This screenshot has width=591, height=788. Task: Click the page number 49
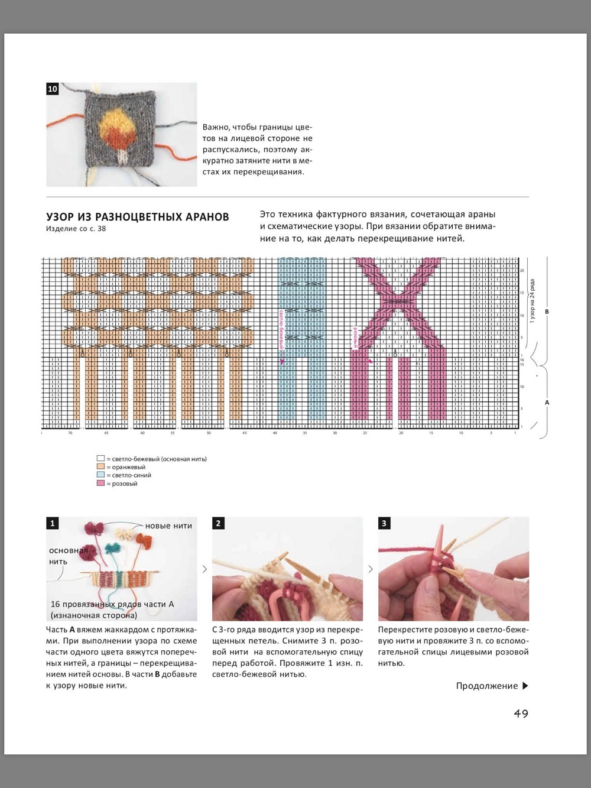pos(521,714)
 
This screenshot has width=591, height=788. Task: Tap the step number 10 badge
pos(53,89)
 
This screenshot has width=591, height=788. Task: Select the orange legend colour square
pos(100,467)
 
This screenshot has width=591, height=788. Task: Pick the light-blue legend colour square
pos(100,475)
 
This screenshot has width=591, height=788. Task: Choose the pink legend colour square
pos(100,484)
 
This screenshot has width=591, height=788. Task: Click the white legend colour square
pos(100,459)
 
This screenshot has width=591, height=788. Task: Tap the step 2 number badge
pos(219,523)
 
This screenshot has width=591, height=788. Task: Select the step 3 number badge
pos(384,523)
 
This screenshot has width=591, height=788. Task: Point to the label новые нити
pos(168,526)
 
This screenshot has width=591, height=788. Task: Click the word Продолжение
pos(486,686)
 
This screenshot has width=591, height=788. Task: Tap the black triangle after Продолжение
pos(525,686)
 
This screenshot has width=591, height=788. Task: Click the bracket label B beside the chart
pos(547,312)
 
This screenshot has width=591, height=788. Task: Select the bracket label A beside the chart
pos(547,403)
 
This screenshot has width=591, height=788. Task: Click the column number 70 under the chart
pos(70,433)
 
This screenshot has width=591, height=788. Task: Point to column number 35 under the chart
pos(305,433)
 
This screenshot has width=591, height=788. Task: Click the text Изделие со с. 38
pos(76,229)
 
